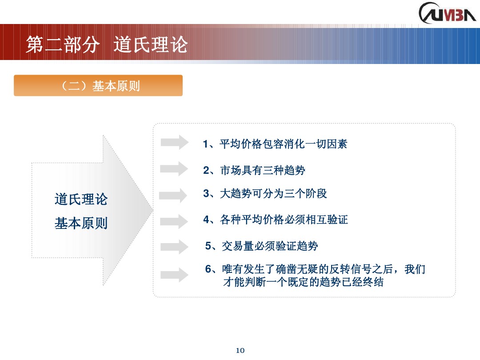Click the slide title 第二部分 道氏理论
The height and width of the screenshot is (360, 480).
click(x=107, y=45)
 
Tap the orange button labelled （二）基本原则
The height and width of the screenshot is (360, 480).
click(x=98, y=86)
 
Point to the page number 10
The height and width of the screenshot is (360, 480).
click(x=240, y=351)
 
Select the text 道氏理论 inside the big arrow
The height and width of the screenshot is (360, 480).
click(x=81, y=199)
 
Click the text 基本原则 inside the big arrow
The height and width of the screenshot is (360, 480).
click(x=81, y=223)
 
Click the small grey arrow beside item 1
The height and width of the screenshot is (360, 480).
click(x=174, y=142)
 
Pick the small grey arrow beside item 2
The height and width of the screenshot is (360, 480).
click(x=174, y=168)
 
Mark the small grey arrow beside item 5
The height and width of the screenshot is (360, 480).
click(x=174, y=247)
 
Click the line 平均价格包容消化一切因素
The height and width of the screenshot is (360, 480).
click(x=283, y=144)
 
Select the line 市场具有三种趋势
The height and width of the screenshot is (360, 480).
click(x=263, y=170)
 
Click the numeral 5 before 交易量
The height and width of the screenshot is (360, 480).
click(x=208, y=246)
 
